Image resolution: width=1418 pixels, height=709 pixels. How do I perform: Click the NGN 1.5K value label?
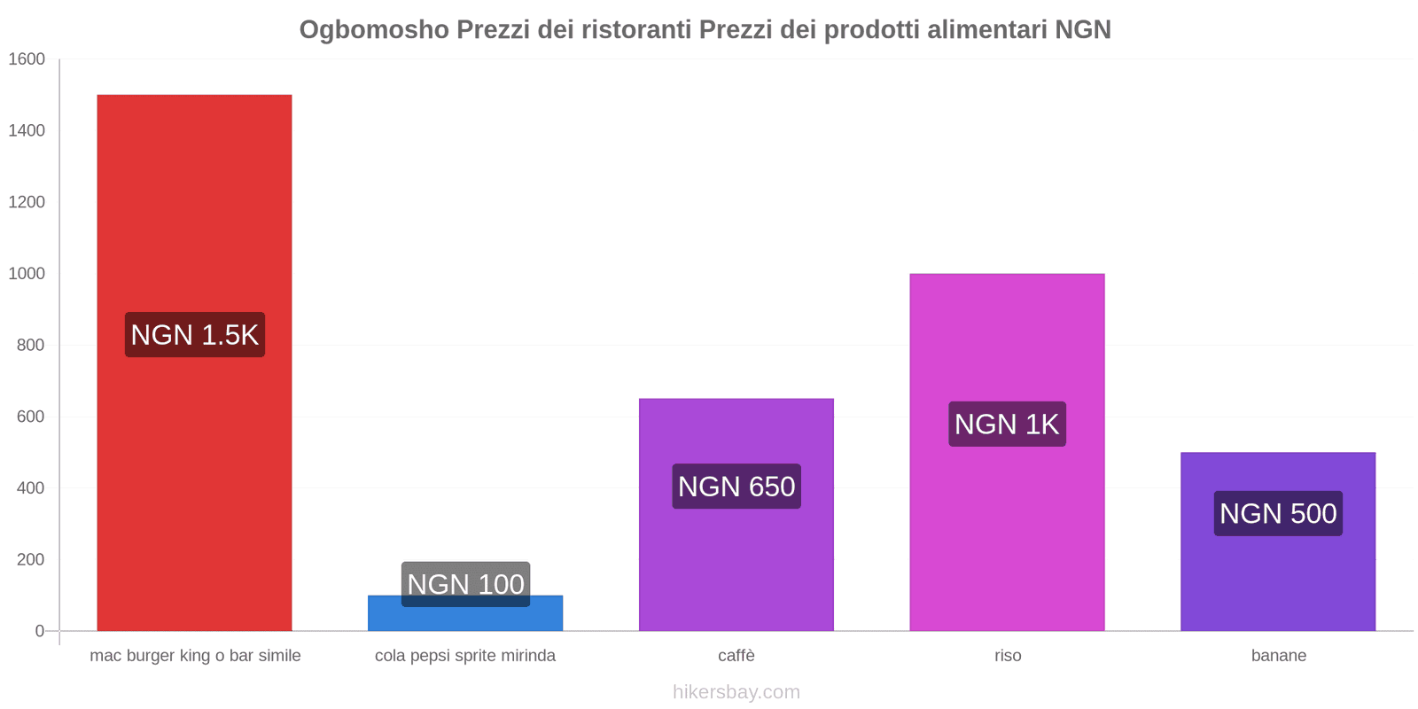click(x=194, y=335)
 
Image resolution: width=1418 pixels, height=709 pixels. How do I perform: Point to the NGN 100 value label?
click(x=465, y=584)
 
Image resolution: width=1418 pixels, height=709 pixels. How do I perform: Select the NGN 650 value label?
click(x=736, y=487)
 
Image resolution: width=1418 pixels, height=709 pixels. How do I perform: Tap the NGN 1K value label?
click(x=1007, y=425)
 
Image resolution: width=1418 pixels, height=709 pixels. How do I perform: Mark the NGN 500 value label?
click(x=1277, y=514)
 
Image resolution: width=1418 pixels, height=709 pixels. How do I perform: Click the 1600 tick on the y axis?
click(x=27, y=59)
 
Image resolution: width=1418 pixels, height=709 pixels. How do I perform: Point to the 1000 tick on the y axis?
click(x=27, y=274)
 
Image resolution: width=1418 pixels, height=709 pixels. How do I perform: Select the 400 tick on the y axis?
click(x=30, y=488)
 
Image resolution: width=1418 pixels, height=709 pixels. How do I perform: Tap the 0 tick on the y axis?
click(x=39, y=631)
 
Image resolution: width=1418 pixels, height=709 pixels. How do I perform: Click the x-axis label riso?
click(x=1008, y=656)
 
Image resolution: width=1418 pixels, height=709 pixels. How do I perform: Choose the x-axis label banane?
click(x=1278, y=656)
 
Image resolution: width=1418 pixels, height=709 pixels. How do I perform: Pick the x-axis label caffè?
click(x=736, y=656)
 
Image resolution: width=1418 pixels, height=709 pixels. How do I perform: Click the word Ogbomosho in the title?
click(x=374, y=29)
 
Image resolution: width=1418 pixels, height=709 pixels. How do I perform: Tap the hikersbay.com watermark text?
click(x=736, y=692)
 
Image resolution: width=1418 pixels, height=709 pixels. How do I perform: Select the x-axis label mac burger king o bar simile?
click(x=195, y=656)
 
